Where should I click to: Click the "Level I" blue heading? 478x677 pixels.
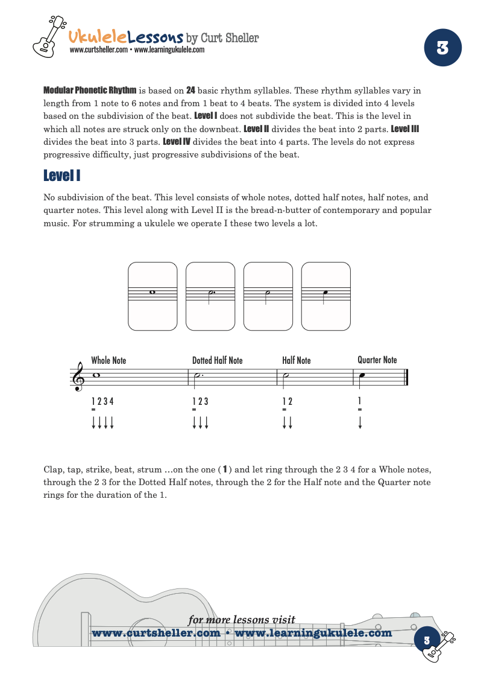pos(62,176)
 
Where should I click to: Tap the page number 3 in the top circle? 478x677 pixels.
pos(442,48)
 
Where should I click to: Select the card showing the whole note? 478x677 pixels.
pos(153,296)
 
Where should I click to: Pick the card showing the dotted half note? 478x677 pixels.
pos(210,296)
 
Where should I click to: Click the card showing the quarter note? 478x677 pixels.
pos(325,296)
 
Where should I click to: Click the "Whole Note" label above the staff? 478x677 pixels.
pos(108,361)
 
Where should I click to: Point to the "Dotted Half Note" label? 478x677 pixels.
pos(217,361)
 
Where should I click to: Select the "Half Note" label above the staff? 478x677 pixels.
pos(296,361)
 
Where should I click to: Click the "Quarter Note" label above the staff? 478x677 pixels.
pos(377,360)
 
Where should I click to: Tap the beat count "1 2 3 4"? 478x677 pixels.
pos(102,401)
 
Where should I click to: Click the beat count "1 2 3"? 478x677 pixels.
pos(200,401)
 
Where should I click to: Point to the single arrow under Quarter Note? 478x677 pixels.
pos(360,422)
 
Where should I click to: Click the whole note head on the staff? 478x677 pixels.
pos(96,375)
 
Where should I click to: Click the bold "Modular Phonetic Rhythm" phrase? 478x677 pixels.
pos(90,91)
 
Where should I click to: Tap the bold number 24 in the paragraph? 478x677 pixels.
pos(190,91)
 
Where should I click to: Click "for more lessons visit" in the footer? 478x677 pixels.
pos(242,620)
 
